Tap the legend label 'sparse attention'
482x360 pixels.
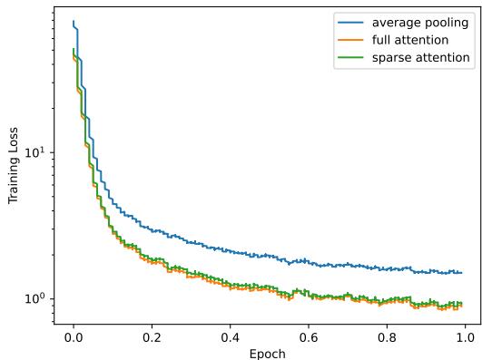[420, 57]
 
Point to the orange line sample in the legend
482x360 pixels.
[349, 40]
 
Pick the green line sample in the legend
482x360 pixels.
[349, 58]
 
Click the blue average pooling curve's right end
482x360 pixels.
[461, 273]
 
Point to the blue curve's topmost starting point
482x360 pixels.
[74, 21]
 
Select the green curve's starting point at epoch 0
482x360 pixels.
[74, 49]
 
